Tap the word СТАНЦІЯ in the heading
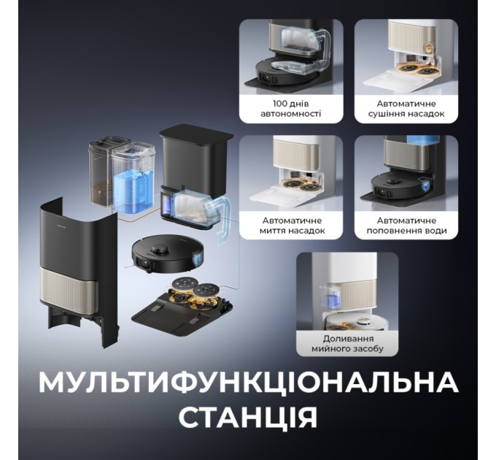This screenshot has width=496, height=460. [248, 418]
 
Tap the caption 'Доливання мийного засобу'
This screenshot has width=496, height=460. [348, 343]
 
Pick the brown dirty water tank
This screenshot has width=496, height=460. [101, 172]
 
